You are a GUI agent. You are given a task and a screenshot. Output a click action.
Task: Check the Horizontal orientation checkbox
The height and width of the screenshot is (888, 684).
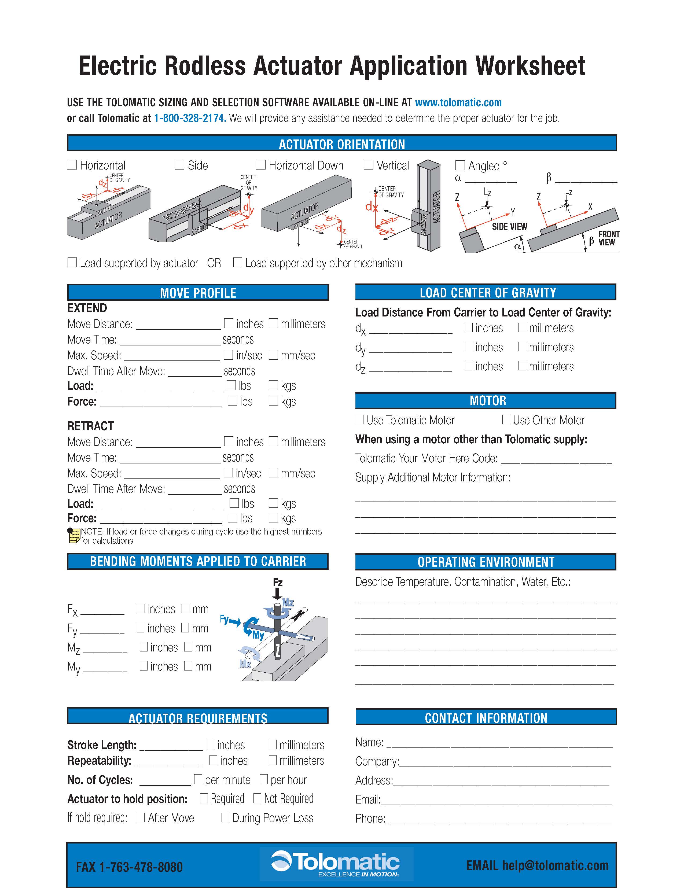click(x=72, y=165)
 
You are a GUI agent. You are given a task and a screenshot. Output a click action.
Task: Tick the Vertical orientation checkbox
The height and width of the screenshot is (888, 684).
click(x=369, y=165)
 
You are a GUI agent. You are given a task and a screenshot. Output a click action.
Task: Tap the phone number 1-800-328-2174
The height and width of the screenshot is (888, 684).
click(x=189, y=118)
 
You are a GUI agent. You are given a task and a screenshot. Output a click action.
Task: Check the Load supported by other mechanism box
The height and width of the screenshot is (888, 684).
click(x=237, y=262)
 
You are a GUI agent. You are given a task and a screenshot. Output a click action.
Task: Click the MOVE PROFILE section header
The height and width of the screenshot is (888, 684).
click(x=198, y=293)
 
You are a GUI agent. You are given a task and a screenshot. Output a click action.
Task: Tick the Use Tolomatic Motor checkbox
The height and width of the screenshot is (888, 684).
click(x=359, y=420)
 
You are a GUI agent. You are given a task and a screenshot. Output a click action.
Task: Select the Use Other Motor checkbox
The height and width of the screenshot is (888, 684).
click(x=506, y=420)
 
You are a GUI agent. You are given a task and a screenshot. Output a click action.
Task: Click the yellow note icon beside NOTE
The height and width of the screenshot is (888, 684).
click(x=73, y=536)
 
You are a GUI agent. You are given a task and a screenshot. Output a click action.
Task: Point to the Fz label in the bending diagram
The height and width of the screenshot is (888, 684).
click(x=278, y=582)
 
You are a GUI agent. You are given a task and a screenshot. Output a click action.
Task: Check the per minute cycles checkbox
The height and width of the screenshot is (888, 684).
click(x=198, y=779)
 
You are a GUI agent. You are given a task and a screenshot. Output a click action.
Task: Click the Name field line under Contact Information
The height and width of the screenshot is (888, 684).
click(x=499, y=743)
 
